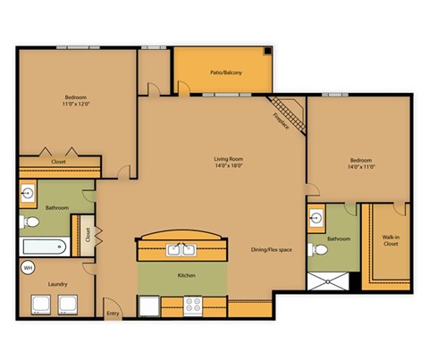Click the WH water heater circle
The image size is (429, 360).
tap(28, 267)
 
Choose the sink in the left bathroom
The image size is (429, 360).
tap(29, 192)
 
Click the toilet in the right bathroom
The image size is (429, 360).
tap(315, 249)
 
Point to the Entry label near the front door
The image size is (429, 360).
tap(114, 313)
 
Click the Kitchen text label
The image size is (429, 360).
tap(186, 275)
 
